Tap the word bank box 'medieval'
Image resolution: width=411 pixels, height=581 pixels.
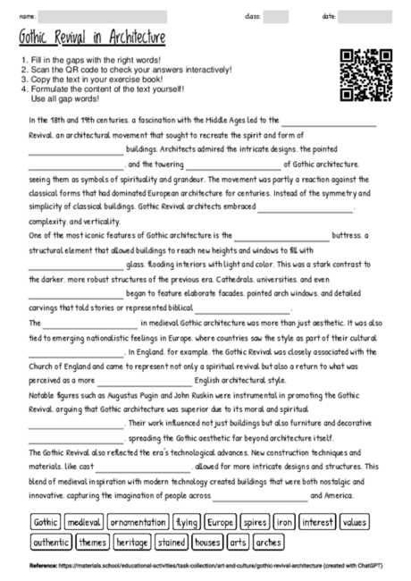(x=85, y=522)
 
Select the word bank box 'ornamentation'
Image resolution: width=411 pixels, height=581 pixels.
(x=138, y=522)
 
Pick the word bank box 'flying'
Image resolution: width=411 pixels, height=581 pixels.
(x=187, y=522)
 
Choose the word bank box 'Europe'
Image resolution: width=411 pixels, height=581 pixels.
(x=221, y=522)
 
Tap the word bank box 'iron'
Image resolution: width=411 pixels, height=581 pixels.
(x=284, y=522)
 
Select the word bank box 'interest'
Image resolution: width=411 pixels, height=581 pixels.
(x=317, y=522)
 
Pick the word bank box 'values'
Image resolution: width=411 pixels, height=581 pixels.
(x=355, y=522)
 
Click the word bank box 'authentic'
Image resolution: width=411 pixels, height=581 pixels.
(x=51, y=542)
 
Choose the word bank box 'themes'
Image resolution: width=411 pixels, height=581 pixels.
(x=92, y=542)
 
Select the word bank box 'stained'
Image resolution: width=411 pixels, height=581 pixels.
(x=172, y=542)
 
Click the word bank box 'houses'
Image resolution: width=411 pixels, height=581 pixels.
(x=207, y=542)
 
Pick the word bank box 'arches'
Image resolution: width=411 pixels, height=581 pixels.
(x=267, y=542)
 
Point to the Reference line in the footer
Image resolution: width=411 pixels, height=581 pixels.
(x=205, y=567)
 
